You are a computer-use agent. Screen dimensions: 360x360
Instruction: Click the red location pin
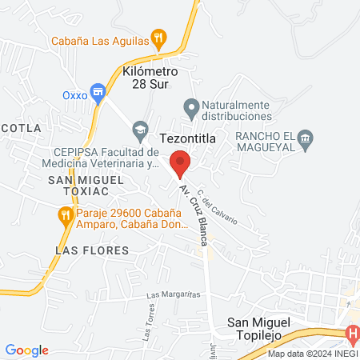(180, 162)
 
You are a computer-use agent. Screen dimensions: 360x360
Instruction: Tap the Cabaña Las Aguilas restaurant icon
(159, 37)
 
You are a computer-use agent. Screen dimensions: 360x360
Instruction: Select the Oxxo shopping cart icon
(98, 93)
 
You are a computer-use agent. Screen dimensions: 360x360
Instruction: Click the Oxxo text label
(74, 94)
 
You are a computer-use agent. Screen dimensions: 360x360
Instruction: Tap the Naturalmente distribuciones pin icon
(191, 106)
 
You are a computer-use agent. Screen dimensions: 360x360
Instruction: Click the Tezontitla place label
(188, 138)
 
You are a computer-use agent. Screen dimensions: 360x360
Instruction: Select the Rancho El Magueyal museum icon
(305, 142)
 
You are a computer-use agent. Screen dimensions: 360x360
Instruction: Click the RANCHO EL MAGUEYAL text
(266, 142)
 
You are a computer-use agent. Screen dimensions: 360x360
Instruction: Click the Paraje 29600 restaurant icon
(64, 214)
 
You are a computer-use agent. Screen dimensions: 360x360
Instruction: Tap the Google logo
(27, 350)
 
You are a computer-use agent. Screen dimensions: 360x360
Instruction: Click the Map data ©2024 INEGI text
(312, 354)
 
